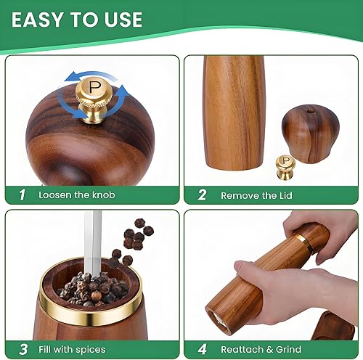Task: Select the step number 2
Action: click(x=203, y=195)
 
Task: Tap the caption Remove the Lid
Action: click(x=260, y=195)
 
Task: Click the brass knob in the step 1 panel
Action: click(x=94, y=94)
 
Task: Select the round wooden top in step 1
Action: click(x=80, y=134)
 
